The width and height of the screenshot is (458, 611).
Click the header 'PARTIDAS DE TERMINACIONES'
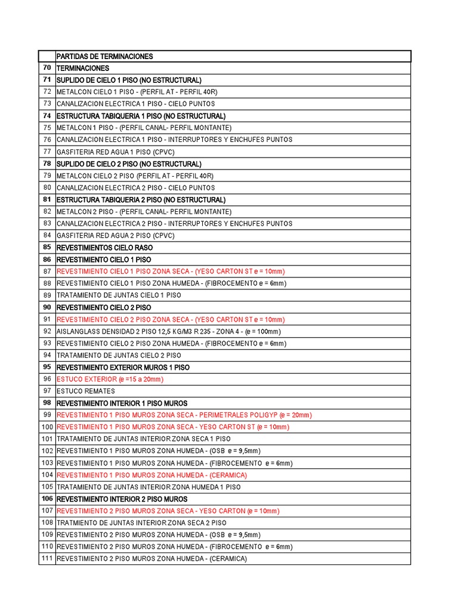pyautogui.click(x=104, y=57)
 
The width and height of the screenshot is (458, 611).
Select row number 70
pyautogui.click(x=47, y=69)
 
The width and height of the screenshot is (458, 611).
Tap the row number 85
pyautogui.click(x=47, y=248)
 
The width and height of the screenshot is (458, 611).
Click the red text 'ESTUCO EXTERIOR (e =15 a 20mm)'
pyautogui.click(x=110, y=379)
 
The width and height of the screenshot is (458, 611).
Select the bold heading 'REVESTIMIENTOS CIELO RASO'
pyautogui.click(x=104, y=248)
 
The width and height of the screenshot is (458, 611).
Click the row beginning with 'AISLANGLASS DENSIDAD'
pyautogui.click(x=168, y=332)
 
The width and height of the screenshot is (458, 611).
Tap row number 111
pyautogui.click(x=47, y=559)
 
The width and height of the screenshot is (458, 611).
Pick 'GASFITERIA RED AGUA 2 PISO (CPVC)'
pyautogui.click(x=115, y=236)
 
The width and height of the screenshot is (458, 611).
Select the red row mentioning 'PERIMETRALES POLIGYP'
pyautogui.click(x=184, y=415)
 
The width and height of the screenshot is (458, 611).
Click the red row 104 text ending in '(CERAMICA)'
pyautogui.click(x=151, y=475)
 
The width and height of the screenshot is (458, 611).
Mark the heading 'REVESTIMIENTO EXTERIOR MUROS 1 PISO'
pyautogui.click(x=123, y=368)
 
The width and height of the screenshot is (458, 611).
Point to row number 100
pyautogui.click(x=47, y=427)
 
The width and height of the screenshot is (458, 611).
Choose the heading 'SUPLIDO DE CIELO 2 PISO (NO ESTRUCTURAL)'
pyautogui.click(x=129, y=164)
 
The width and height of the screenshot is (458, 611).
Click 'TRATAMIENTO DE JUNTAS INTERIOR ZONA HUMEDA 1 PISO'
pyautogui.click(x=148, y=487)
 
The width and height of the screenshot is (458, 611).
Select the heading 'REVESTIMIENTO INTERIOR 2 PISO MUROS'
pyautogui.click(x=122, y=499)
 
